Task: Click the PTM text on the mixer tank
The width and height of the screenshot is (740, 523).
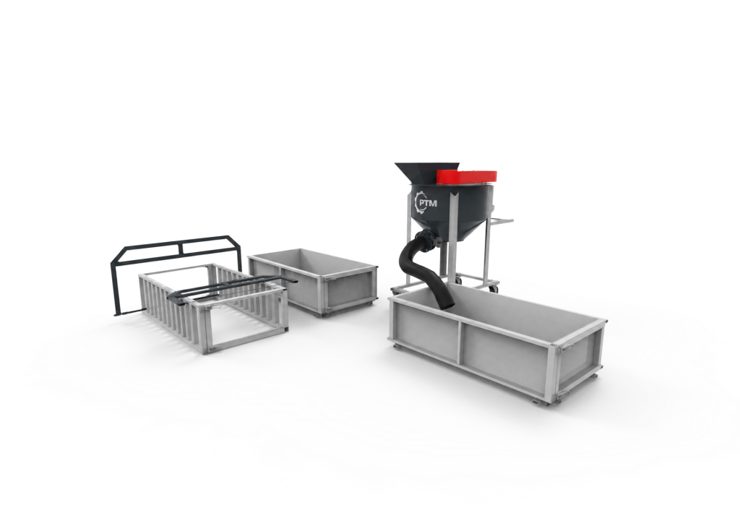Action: pos(428,203)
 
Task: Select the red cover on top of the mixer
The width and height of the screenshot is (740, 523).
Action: pos(466,176)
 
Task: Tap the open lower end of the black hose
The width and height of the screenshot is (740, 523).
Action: pos(447,306)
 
